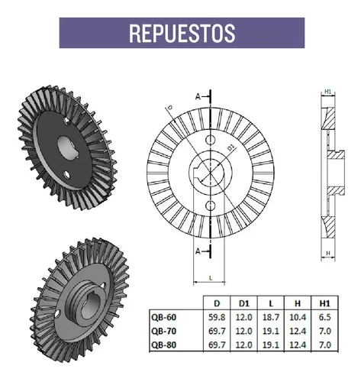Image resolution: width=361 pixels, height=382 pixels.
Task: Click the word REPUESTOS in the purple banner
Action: point(181,33)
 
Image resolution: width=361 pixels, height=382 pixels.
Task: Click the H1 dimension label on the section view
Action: point(327,92)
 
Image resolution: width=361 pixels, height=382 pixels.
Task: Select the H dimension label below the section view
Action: point(327,254)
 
